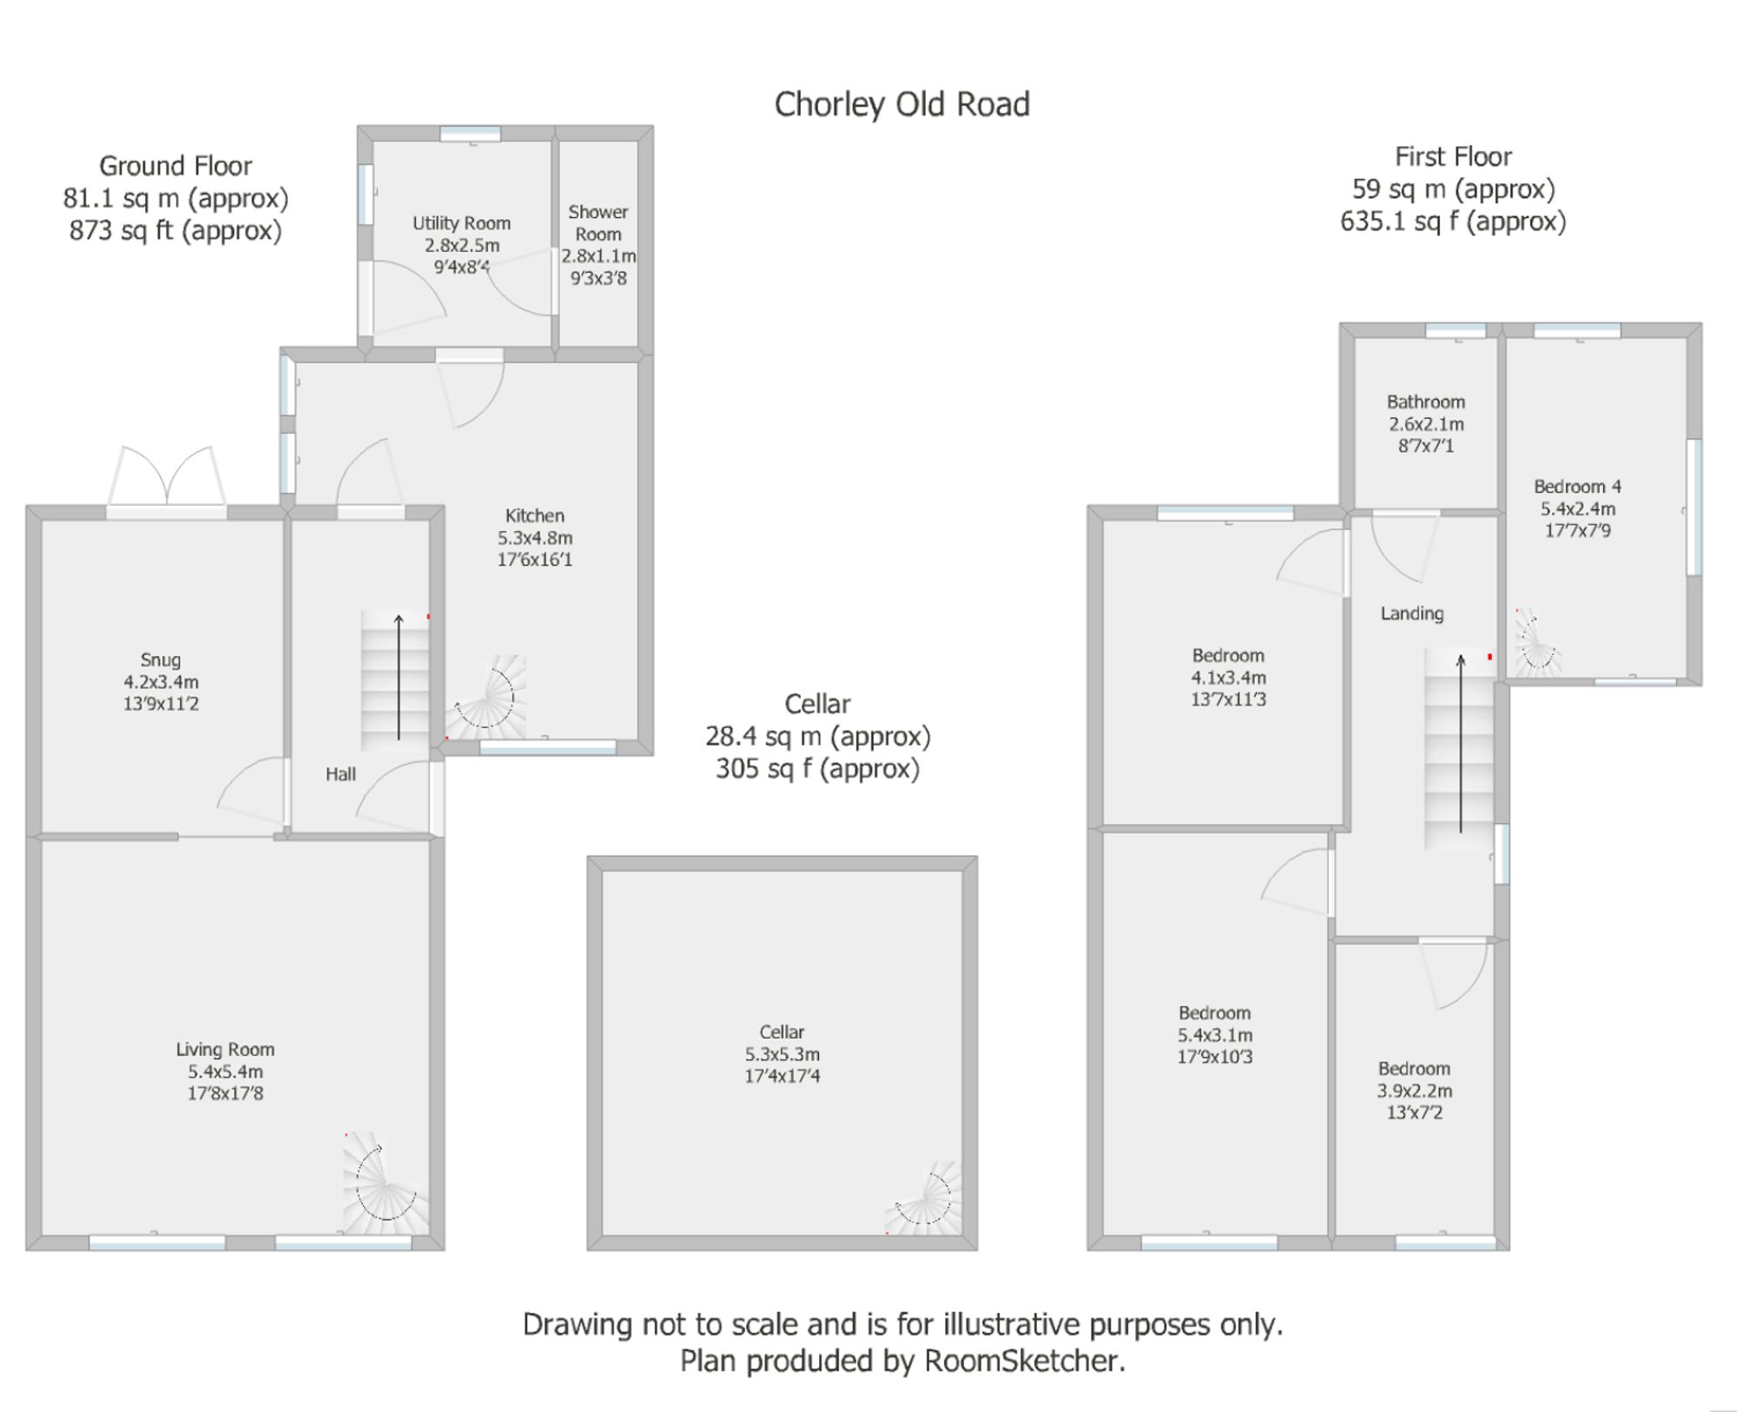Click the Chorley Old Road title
pyautogui.click(x=902, y=105)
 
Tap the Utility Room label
pyautogui.click(x=461, y=223)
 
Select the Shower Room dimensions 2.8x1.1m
pyautogui.click(x=598, y=256)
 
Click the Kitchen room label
pyautogui.click(x=534, y=515)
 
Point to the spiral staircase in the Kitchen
pyautogui.click(x=488, y=698)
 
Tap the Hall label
pyautogui.click(x=340, y=774)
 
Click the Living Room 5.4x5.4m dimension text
pyautogui.click(x=225, y=1071)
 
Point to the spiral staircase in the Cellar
pyautogui.click(x=928, y=1200)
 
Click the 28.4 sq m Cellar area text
pyautogui.click(x=817, y=737)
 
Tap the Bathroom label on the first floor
pyautogui.click(x=1425, y=402)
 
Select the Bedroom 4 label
pyautogui.click(x=1577, y=487)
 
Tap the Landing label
pyautogui.click(x=1411, y=613)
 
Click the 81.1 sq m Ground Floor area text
pyautogui.click(x=175, y=199)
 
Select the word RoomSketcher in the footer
pyautogui.click(x=1023, y=1361)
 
